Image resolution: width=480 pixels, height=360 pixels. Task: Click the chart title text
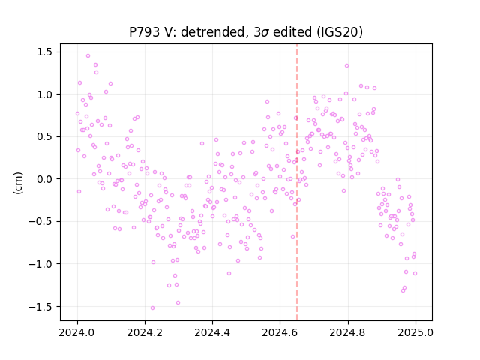[x=246, y=32]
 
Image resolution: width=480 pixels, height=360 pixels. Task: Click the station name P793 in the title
[x=145, y=32]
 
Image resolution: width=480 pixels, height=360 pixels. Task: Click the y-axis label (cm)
[x=18, y=183]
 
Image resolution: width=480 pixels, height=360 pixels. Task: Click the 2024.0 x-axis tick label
[x=77, y=332]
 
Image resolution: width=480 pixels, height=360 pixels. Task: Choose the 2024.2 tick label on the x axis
[x=145, y=332]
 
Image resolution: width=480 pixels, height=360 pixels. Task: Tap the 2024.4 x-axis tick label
[x=212, y=332]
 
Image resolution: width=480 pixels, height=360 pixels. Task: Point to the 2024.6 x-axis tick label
[x=280, y=332]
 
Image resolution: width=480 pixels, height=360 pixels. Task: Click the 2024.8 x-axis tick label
[x=348, y=332]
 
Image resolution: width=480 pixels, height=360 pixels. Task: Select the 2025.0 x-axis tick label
[x=415, y=332]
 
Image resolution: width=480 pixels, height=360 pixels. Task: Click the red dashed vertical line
[x=297, y=182]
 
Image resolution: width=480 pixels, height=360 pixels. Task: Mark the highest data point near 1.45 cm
[x=88, y=56]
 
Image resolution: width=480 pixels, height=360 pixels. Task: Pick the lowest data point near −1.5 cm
[x=152, y=308]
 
